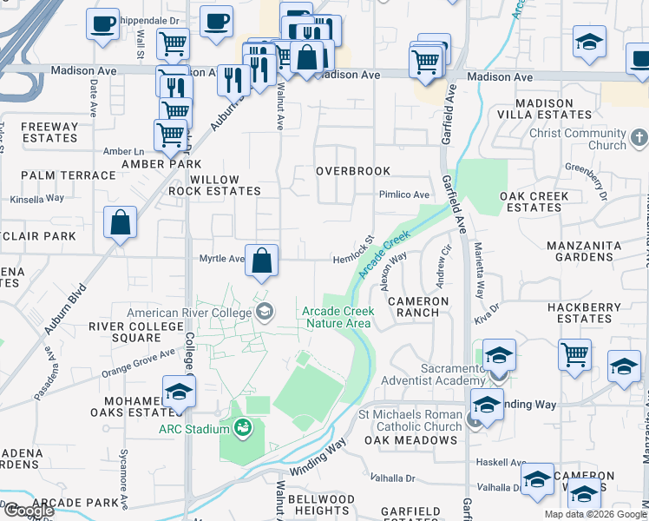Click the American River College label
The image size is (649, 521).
[x=191, y=313]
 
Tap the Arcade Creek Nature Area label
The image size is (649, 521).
[x=338, y=317]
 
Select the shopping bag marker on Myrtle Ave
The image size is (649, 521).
[x=261, y=260]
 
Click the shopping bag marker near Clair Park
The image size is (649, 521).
[x=120, y=222]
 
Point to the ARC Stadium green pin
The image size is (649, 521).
[x=242, y=427]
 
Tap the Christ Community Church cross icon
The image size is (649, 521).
[x=639, y=138]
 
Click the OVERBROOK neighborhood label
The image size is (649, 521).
[x=352, y=171]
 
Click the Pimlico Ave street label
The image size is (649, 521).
[x=403, y=195]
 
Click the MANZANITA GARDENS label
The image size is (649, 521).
[x=592, y=251]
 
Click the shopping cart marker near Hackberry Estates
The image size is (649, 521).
[x=574, y=355]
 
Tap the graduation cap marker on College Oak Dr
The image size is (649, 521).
[x=179, y=392]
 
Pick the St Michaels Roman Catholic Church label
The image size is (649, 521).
[x=410, y=420]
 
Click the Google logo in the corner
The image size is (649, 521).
[x=28, y=511]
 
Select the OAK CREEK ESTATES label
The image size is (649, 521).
[x=534, y=201]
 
